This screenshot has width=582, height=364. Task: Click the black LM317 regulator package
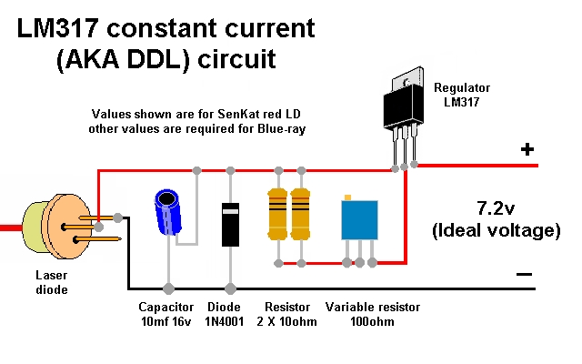(404, 107)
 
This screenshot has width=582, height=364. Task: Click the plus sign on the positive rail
(527, 150)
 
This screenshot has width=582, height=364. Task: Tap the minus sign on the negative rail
(524, 273)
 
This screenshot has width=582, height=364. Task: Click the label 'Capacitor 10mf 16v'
(168, 314)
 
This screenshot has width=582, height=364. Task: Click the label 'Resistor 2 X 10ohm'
(286, 314)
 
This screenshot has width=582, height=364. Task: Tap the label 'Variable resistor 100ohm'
(364, 314)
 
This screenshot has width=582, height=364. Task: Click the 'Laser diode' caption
(51, 283)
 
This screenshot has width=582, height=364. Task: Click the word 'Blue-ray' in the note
(276, 129)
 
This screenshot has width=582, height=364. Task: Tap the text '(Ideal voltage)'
(496, 230)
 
